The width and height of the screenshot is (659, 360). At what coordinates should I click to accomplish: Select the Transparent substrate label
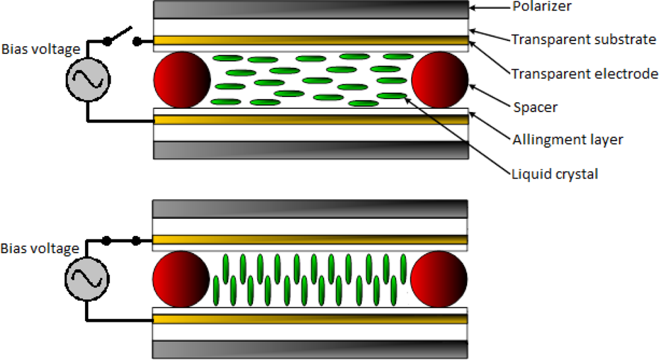pyautogui.click(x=583, y=40)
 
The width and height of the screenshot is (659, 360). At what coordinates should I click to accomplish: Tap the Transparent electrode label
pyautogui.click(x=584, y=73)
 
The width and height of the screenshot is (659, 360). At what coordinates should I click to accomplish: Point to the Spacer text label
pyautogui.click(x=535, y=107)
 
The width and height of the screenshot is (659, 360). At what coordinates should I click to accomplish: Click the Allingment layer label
pyautogui.click(x=567, y=140)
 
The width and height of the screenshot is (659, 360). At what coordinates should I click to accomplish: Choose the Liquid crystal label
pyautogui.click(x=554, y=174)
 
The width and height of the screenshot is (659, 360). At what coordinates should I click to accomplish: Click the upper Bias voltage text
pyautogui.click(x=40, y=49)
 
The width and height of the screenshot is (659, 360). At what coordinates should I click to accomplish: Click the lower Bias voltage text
pyautogui.click(x=40, y=249)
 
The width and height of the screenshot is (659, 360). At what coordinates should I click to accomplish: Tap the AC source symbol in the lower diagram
pyautogui.click(x=86, y=278)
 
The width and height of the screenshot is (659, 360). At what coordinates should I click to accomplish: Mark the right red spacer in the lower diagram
pyautogui.click(x=440, y=278)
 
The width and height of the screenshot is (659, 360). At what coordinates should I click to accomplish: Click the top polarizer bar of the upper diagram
pyautogui.click(x=310, y=9)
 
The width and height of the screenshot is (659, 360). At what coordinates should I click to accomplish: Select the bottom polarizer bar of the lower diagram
pyautogui.click(x=310, y=349)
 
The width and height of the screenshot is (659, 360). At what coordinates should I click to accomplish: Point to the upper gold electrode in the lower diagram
pyautogui.click(x=310, y=239)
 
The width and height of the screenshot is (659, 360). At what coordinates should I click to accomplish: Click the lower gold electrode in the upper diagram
pyautogui.click(x=310, y=119)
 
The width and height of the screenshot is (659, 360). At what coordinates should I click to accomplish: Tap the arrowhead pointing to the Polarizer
pyautogui.click(x=474, y=8)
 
